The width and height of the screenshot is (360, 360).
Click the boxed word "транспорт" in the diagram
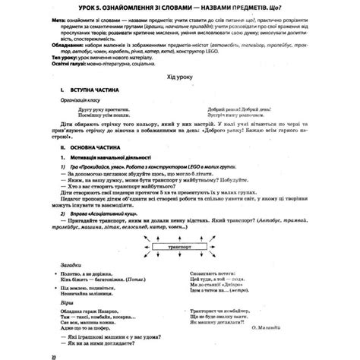point(181,248)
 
